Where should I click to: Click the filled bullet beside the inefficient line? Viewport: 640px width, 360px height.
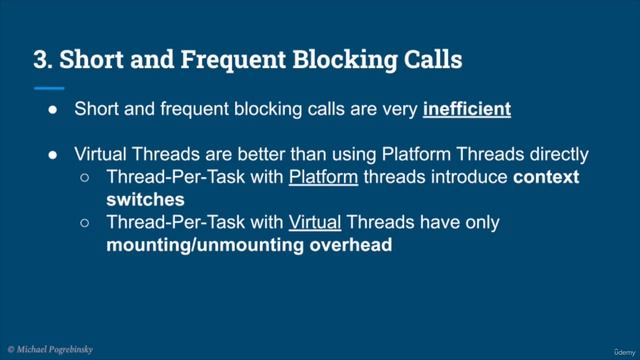(x=53, y=108)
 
